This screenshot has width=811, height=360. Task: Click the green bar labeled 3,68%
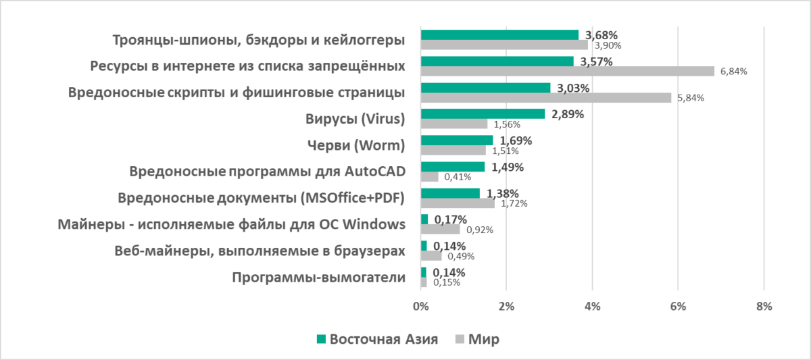pos(499,35)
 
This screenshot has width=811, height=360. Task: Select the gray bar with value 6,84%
pos(567,71)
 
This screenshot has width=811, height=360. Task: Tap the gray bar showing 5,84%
pos(546,97)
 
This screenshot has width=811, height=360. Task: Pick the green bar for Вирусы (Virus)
pos(483,114)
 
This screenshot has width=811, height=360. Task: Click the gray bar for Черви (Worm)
pos(453,150)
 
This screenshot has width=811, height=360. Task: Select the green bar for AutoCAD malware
pos(453,167)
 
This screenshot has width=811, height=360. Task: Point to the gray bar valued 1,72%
pos(458,203)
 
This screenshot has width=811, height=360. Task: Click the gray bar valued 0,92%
pos(440,229)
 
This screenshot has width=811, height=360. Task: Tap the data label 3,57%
pos(594,61)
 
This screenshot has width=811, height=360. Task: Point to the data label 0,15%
pos(446,282)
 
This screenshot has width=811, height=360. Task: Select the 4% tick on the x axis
pos(592,307)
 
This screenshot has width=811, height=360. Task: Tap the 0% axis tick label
pos(420,307)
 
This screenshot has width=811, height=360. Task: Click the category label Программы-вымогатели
pos(318,278)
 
